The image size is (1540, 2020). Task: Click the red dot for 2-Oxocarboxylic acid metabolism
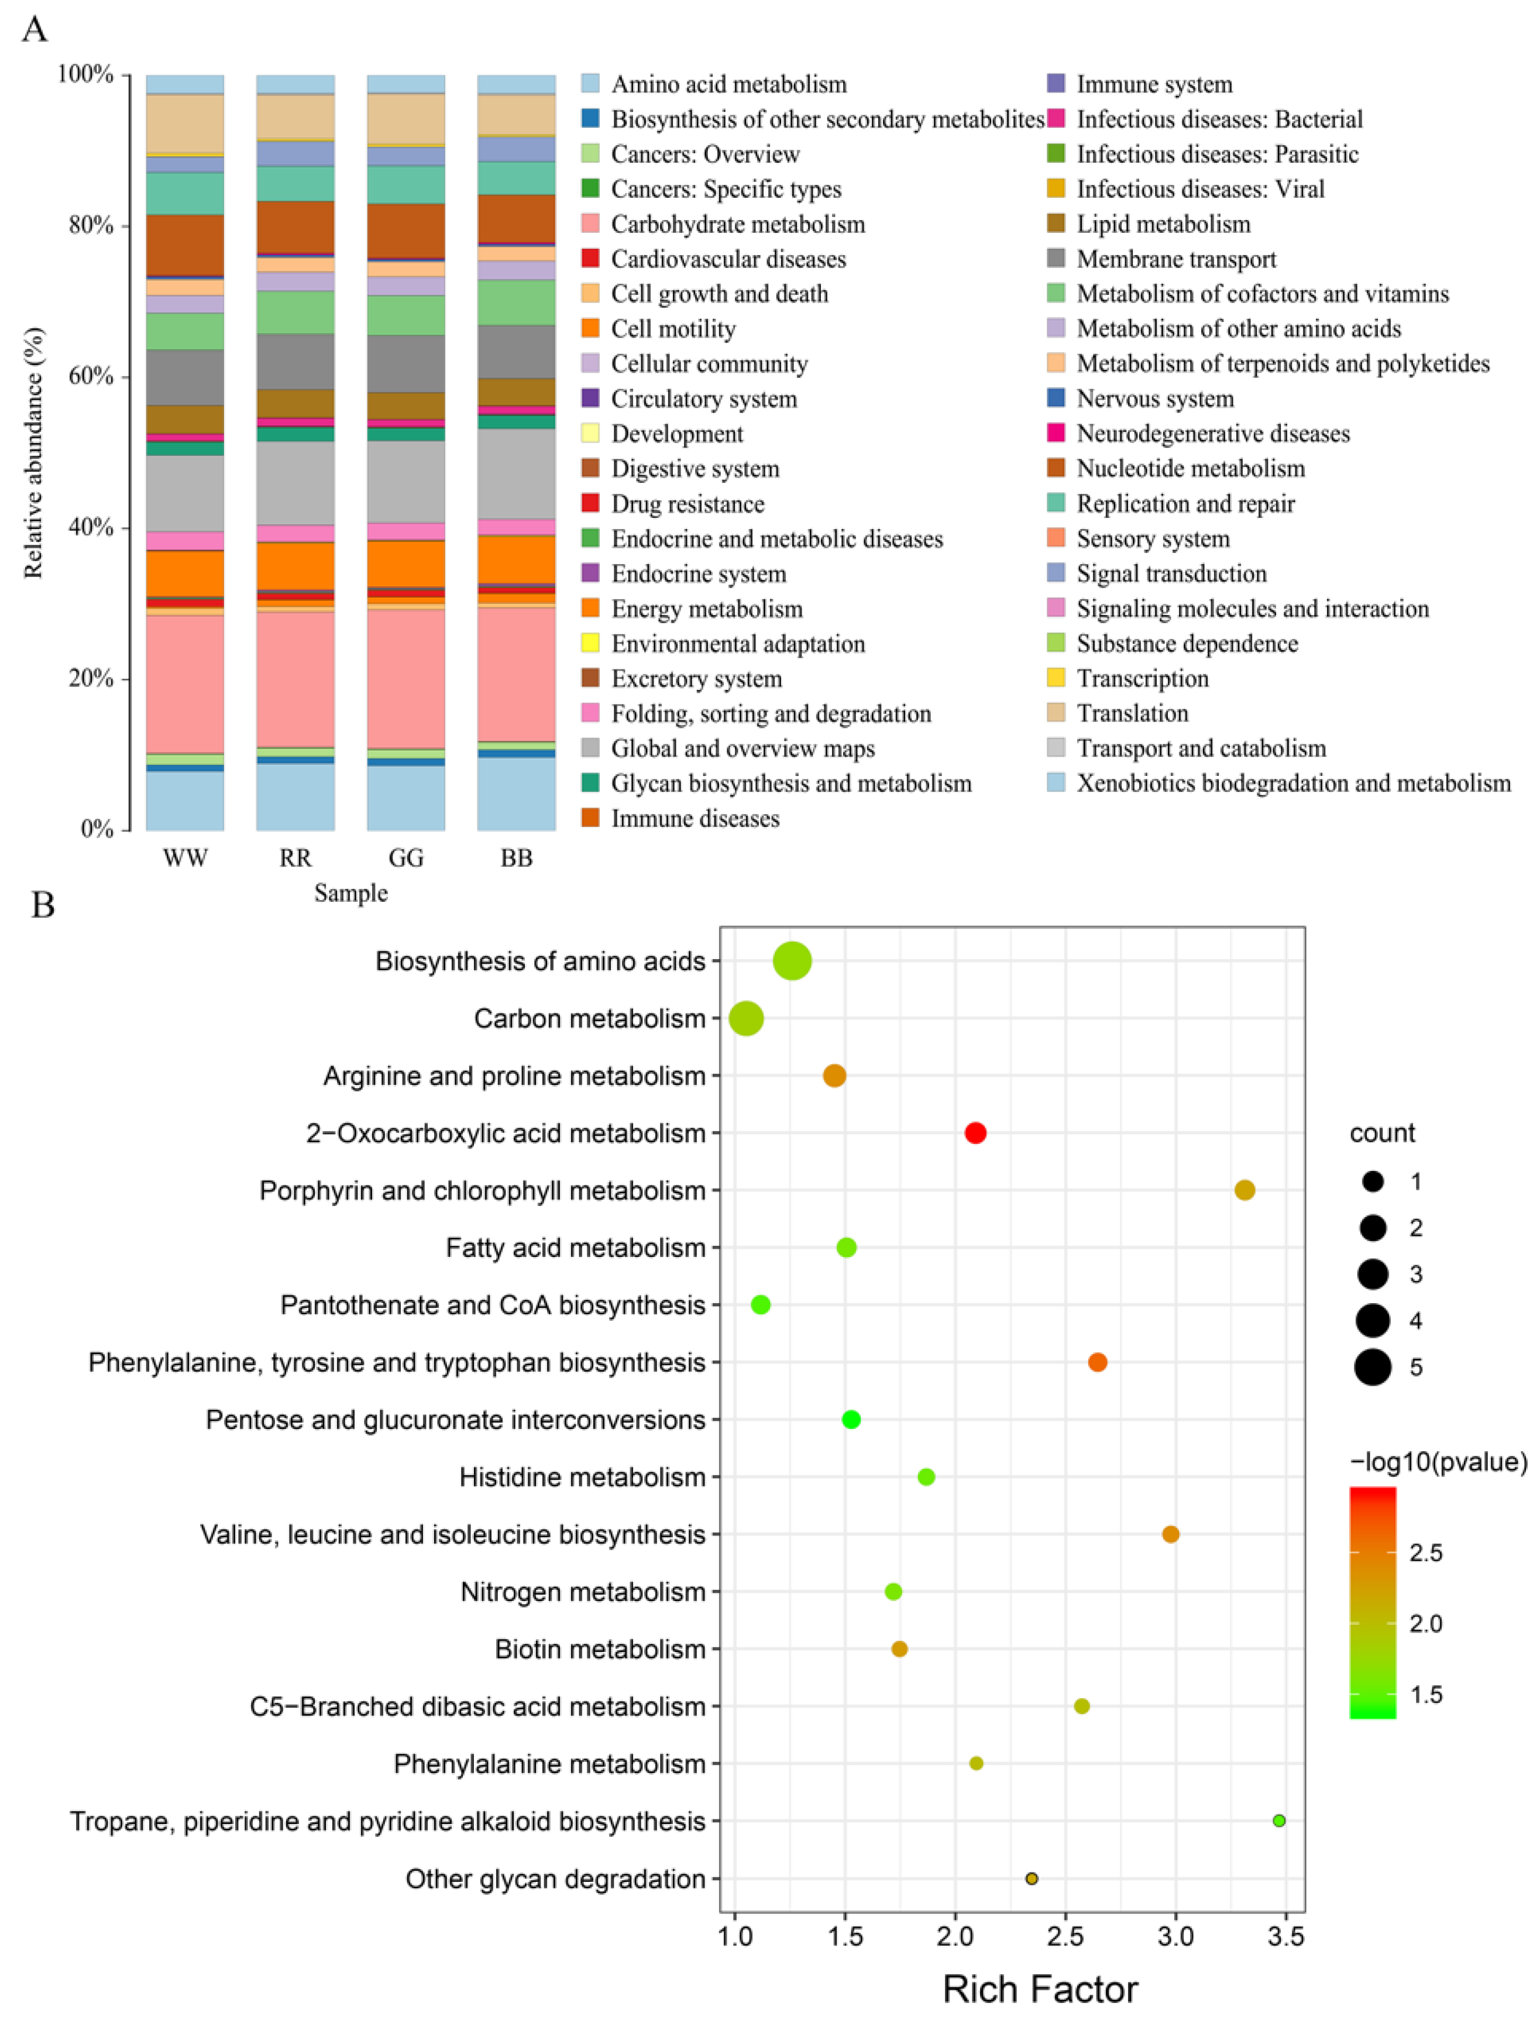(975, 1133)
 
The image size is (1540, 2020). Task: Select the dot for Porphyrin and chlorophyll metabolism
(1244, 1190)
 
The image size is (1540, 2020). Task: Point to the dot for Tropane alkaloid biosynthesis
(1279, 1820)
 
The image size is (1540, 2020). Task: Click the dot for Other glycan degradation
(1031, 1878)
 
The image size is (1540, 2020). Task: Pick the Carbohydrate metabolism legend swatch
(590, 224)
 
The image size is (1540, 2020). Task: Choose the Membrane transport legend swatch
(1056, 259)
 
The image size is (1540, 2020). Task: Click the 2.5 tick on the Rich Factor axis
(1065, 1936)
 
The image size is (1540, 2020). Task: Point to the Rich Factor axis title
(1040, 1990)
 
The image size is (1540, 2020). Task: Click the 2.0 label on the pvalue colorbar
(1425, 1623)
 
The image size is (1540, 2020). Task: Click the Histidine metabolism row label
(582, 1476)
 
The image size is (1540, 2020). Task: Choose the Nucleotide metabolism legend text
(1190, 468)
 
